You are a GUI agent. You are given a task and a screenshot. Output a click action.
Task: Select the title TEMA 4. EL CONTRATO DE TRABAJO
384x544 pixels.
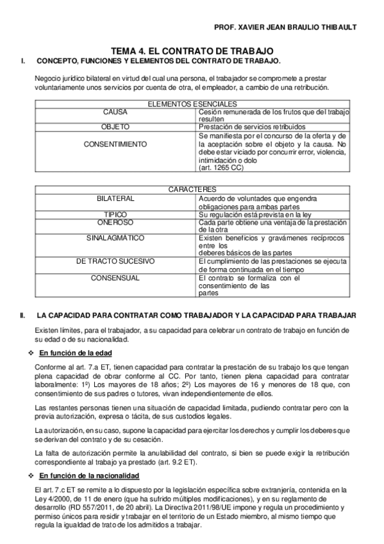click(x=192, y=51)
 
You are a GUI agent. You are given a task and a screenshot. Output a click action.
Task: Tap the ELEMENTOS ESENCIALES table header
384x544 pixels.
click(x=192, y=104)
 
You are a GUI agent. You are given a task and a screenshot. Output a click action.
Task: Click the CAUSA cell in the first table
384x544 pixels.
click(x=115, y=112)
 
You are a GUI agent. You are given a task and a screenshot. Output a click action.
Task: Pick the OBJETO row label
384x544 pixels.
click(x=115, y=127)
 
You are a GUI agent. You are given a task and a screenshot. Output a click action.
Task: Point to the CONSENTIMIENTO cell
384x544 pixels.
click(x=115, y=144)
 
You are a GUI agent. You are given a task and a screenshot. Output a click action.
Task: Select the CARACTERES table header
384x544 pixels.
click(x=192, y=190)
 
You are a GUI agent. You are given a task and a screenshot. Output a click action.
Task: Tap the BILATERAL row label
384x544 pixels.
click(x=116, y=198)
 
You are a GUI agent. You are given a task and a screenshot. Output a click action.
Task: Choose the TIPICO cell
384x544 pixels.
click(x=115, y=214)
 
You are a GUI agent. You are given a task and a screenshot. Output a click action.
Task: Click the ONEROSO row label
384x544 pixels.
click(x=115, y=221)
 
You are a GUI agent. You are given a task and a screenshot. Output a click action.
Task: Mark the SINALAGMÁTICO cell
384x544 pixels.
click(x=115, y=237)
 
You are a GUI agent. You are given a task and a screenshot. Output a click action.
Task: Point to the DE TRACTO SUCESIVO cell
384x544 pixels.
click(x=115, y=262)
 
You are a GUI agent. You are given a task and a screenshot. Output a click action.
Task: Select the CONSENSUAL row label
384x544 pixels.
click(x=115, y=278)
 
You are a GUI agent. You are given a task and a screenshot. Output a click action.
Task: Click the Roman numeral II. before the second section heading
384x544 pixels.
click(x=22, y=315)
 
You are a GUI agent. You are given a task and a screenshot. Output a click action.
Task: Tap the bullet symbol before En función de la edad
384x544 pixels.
click(x=32, y=353)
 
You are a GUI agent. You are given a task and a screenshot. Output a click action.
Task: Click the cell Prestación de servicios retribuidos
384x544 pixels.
click(x=251, y=127)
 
